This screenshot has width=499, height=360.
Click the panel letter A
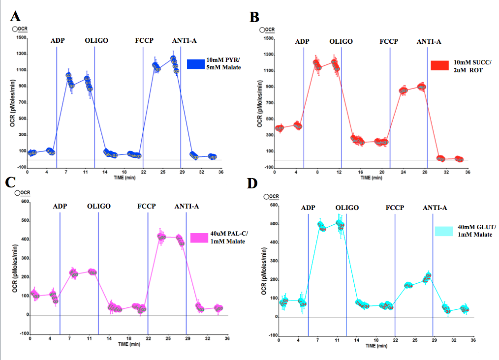pos(16,16)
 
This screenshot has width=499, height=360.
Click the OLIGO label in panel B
pos(341,41)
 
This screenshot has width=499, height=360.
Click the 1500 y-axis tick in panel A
pos(21,37)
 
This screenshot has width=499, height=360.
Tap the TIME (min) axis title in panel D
pos(375,346)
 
